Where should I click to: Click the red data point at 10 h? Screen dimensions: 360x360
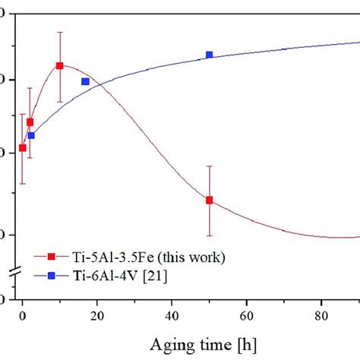59,66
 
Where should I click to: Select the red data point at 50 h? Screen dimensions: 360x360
209,200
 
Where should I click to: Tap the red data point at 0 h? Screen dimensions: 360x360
23,147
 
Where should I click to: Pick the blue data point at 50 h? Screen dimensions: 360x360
209,55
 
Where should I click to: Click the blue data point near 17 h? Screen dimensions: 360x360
85,81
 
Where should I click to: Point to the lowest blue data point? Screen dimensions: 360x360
31,135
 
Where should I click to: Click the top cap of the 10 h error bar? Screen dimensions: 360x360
59,32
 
